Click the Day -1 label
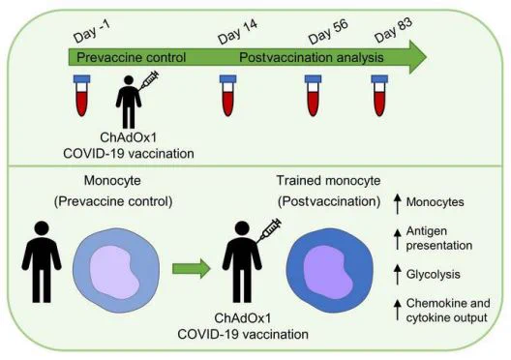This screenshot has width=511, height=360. pos(92,32)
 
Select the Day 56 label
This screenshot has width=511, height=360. pos(328,31)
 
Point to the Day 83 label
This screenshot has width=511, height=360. pos(393,30)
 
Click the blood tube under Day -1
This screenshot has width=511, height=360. pos(82,96)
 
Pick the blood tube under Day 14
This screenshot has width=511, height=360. pos(227,96)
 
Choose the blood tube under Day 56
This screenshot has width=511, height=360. pos(313,96)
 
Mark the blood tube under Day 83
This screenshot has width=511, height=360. pos(379,96)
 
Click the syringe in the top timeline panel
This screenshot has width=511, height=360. pos(149,80)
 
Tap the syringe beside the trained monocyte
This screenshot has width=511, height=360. pos(268,230)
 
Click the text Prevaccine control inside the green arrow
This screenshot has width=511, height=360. pos(131,58)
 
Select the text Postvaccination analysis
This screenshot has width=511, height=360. pos(312,58)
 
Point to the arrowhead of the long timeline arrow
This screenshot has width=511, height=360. pos(417,57)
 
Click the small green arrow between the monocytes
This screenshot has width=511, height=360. pos(192,269)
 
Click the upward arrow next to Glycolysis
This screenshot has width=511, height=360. pos(397,275)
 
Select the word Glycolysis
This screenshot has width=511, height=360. pos(434,275)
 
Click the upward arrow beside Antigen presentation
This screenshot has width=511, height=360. pos(397,239)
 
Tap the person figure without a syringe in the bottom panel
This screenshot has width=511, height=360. pos(42,261)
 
